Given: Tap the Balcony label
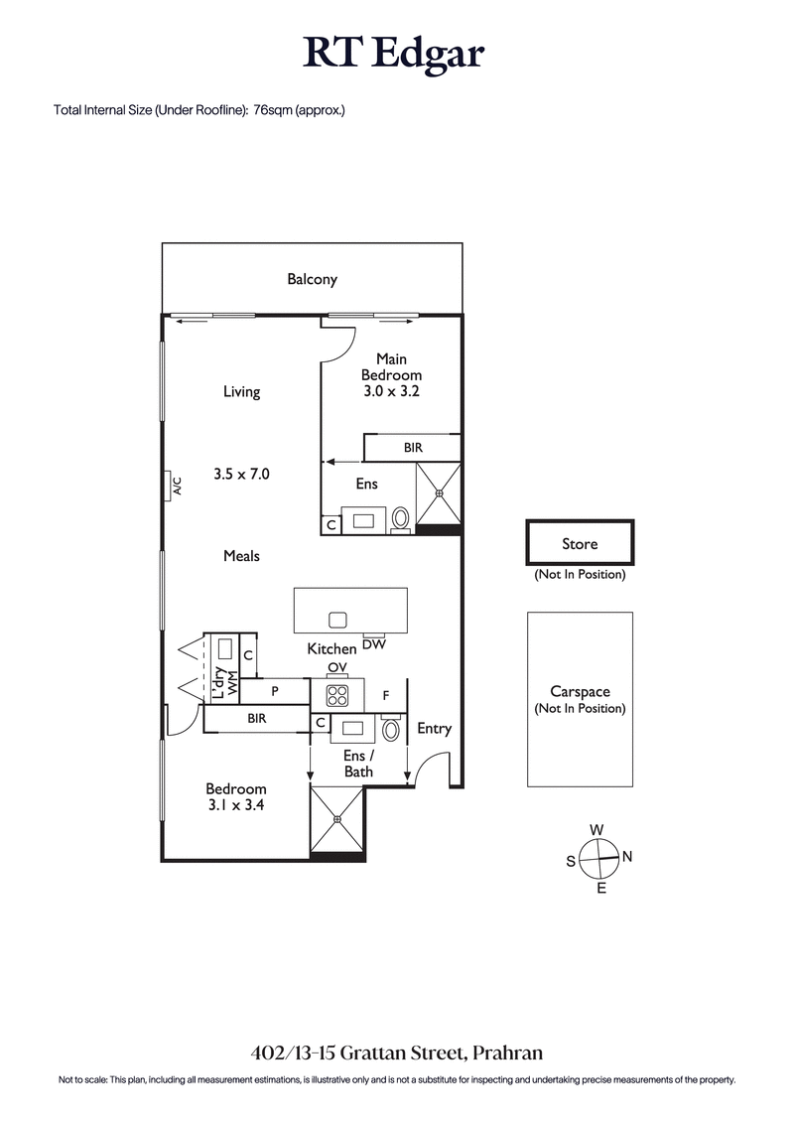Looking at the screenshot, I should (312, 279).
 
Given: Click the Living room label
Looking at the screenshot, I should (241, 391).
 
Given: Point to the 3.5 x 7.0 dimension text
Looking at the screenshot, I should (241, 475).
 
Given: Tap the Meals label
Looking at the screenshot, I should (241, 556).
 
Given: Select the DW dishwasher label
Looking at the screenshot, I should (374, 644).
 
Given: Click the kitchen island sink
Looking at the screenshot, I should (337, 620).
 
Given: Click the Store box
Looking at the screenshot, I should (580, 543).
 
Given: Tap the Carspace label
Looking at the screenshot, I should (580, 692).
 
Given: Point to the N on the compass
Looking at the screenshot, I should (627, 857).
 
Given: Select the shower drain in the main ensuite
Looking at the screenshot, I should (438, 492).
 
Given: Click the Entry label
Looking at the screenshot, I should (434, 728).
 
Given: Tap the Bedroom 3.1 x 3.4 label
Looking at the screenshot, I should (236, 797).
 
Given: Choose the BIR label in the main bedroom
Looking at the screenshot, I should (413, 448).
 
